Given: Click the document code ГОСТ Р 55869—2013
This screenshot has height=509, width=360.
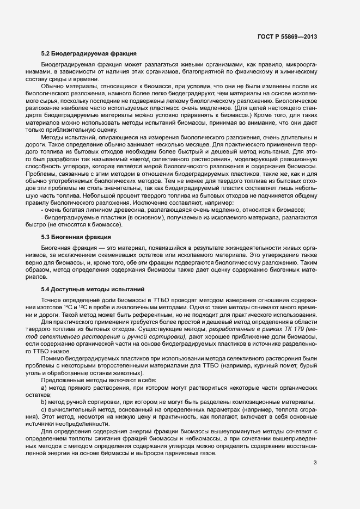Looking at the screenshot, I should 286,36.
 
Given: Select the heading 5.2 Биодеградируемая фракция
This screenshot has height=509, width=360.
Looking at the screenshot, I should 89,54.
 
